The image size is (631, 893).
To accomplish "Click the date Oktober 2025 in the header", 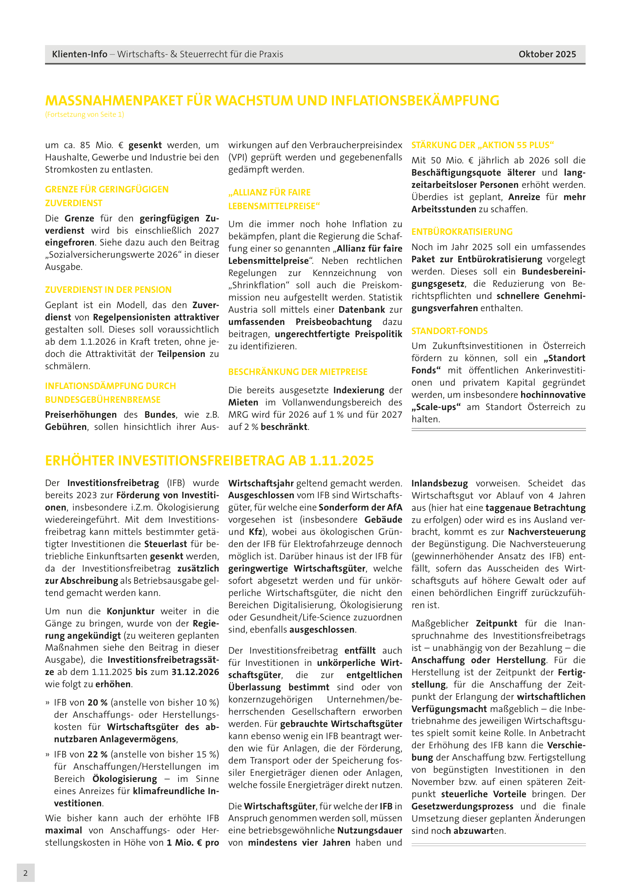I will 547,54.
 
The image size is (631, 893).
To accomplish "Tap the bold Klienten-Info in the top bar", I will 80,54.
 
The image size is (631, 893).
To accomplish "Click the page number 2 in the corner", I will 26,873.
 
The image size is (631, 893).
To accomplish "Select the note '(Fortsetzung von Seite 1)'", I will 85,115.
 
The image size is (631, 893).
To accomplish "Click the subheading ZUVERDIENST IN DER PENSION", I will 108,290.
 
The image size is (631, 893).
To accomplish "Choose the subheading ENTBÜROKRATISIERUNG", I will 462,232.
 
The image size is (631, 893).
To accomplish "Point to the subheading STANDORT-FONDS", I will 449,331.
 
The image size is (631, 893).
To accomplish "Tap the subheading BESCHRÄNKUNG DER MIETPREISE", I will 298,372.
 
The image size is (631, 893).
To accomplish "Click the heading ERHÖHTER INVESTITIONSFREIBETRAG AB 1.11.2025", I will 209,460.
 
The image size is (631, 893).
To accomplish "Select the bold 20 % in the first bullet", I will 98,702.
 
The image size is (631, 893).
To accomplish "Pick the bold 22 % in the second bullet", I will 98,754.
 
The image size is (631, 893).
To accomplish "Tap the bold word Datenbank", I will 362,310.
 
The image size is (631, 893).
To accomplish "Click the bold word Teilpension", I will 181,354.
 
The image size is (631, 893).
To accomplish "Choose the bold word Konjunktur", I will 130,611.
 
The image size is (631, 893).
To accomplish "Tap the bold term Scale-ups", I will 436,407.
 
